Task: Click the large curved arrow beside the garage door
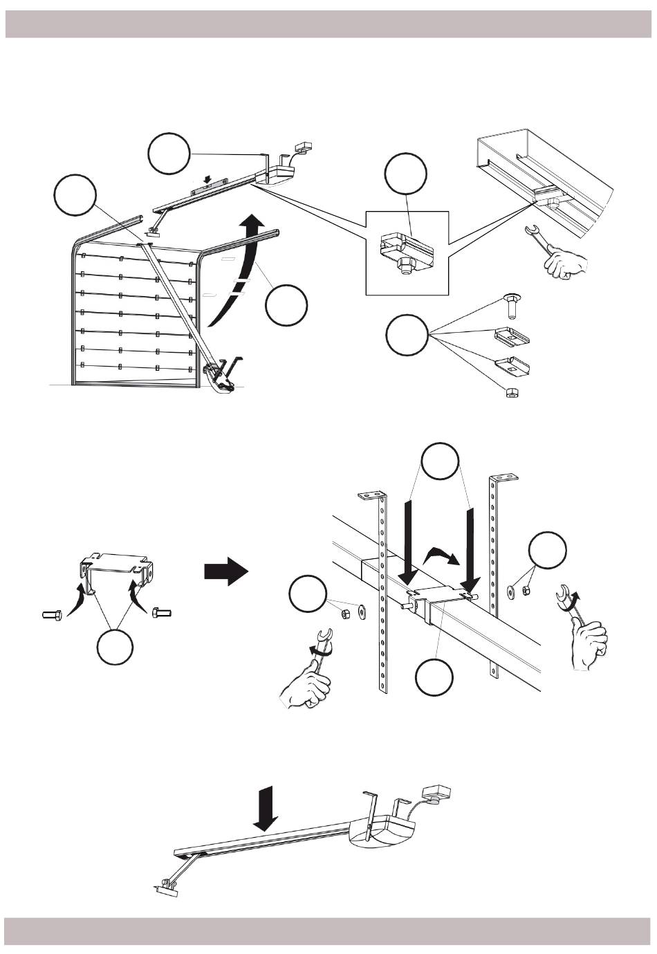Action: click(235, 277)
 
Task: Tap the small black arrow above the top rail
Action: click(206, 178)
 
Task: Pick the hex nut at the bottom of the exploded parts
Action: click(511, 392)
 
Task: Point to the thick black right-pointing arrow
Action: click(225, 573)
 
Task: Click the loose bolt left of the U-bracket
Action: click(51, 614)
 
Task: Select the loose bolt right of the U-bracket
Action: click(160, 612)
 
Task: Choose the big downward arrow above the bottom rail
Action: click(265, 808)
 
